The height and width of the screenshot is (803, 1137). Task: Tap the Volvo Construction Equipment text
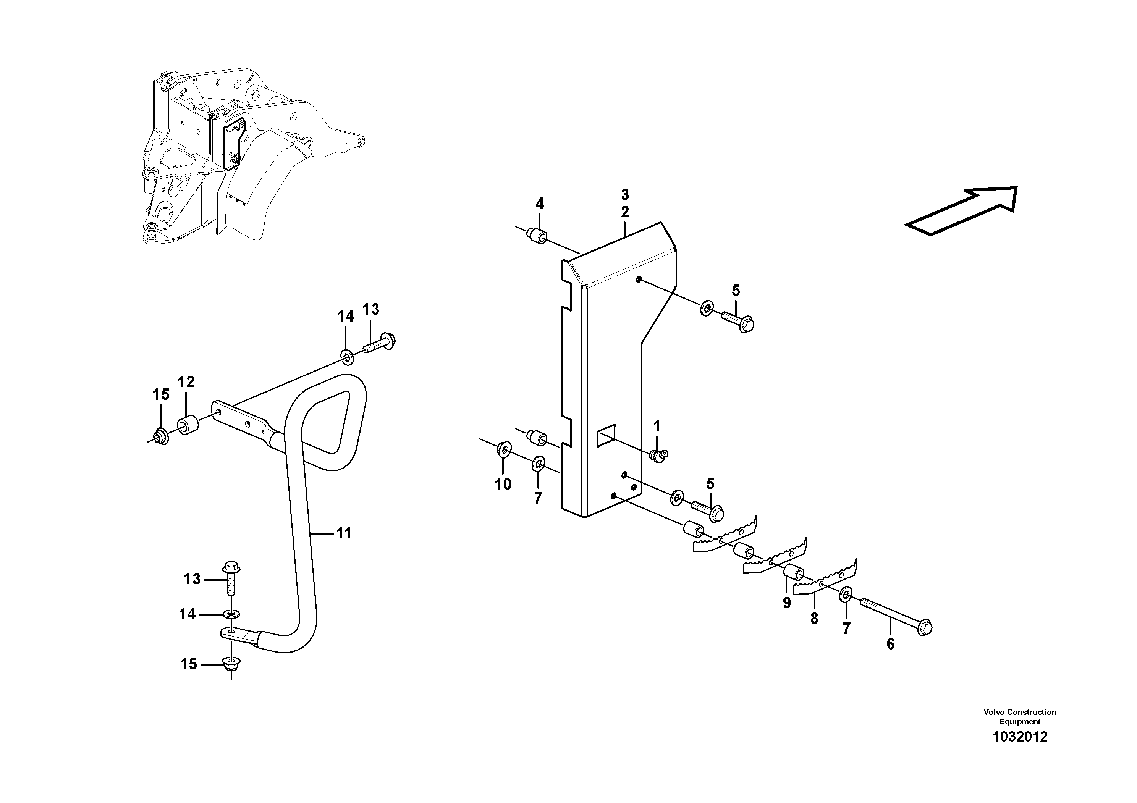coord(1020,717)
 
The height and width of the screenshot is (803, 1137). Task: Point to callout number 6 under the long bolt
coord(890,644)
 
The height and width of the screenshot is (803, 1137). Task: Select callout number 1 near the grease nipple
coord(657,426)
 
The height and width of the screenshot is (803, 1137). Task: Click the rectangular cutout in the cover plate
coord(605,436)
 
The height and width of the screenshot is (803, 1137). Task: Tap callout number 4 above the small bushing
coord(540,204)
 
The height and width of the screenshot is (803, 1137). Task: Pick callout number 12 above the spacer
coord(186,382)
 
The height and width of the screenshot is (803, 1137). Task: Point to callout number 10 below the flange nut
coord(503,484)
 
